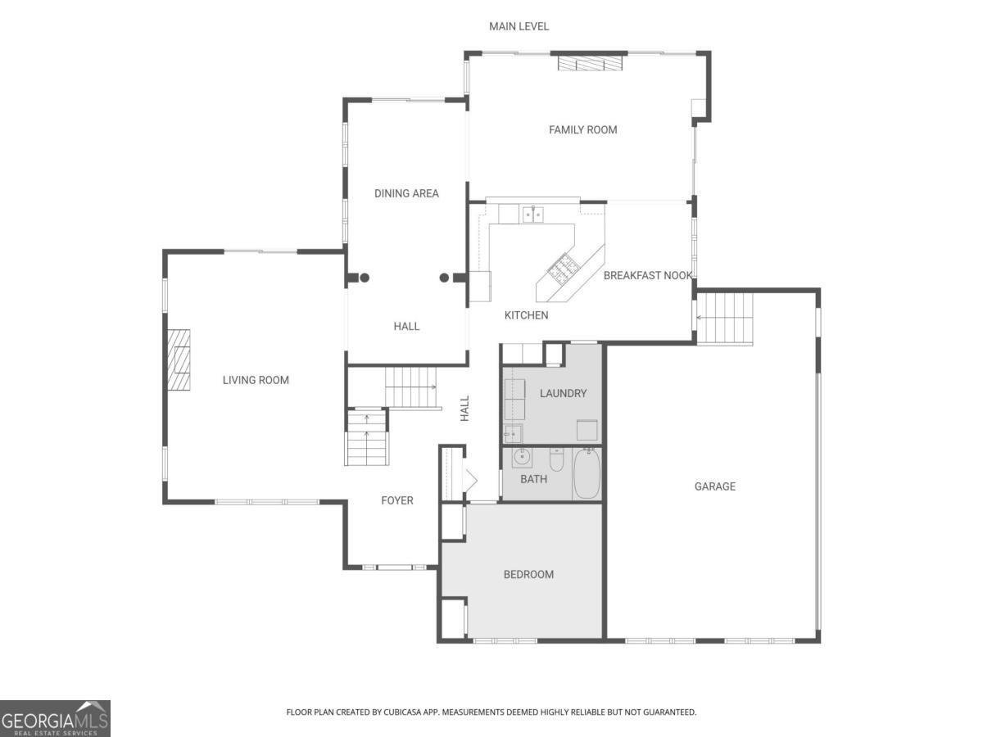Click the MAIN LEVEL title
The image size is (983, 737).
pos(519,26)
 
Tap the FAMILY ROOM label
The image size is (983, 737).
pos(582,129)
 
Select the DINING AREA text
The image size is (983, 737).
pos(406,193)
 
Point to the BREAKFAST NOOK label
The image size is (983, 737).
pos(647,275)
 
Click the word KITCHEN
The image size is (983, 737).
pos(526,315)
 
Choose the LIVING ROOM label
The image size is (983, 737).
pos(256,380)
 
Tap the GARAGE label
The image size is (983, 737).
pos(714,486)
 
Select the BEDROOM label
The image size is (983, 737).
pos(528,574)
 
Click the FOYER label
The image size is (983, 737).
pos(397,500)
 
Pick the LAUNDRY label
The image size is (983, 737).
pos(563,393)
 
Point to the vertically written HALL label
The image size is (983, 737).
pos(464,408)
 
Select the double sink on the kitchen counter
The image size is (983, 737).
pos(534,215)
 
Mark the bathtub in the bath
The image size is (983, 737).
pos(587,474)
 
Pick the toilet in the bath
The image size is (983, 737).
pos(557,460)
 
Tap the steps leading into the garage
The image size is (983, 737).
pos(725,318)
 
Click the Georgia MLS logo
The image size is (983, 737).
pos(55,718)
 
